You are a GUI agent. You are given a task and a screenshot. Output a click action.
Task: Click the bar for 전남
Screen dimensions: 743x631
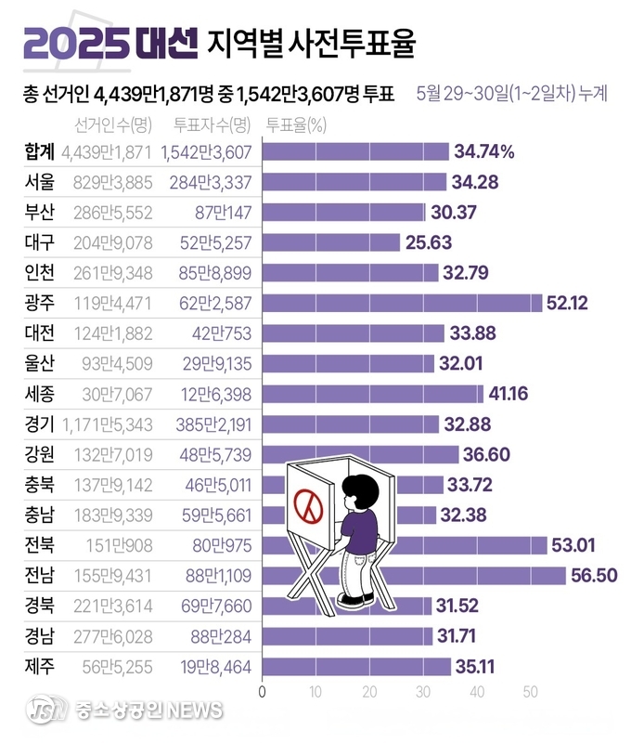[x=414, y=576]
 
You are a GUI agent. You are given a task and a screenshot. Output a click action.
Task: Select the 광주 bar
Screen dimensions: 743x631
[x=403, y=303]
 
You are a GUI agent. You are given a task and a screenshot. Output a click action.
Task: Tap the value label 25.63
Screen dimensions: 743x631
[x=430, y=242]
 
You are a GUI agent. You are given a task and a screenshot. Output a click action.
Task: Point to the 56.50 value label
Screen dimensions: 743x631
[x=595, y=576]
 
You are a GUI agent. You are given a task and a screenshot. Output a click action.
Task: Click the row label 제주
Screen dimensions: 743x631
[x=39, y=666]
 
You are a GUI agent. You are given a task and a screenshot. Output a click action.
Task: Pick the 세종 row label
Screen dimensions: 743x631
[x=39, y=394]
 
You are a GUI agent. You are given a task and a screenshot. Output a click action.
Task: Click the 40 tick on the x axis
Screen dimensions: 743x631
[x=477, y=692]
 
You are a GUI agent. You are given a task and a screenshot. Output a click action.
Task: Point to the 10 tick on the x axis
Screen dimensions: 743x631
[x=316, y=692]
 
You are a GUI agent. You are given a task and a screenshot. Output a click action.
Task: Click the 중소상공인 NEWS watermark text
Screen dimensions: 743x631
[x=148, y=710]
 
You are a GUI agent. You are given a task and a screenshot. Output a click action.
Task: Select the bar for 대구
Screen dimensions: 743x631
[x=332, y=242]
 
